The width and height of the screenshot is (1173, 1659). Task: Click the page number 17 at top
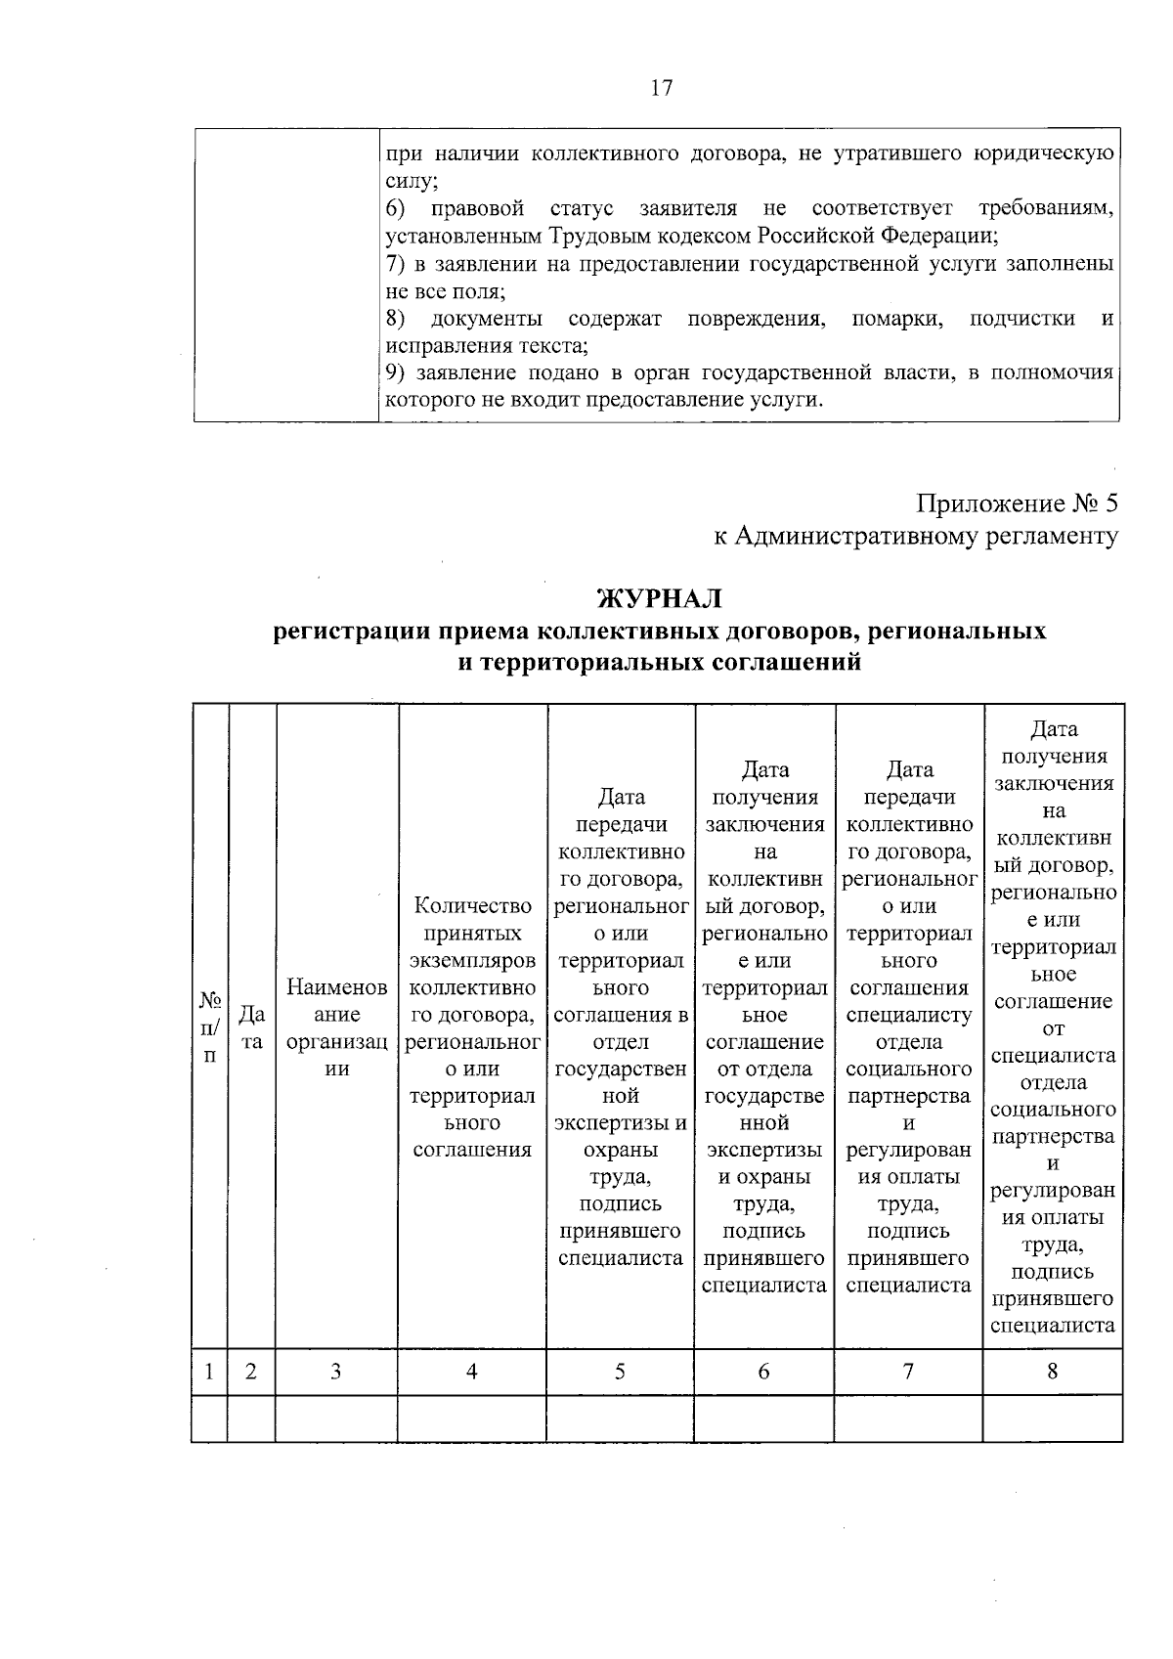point(661,88)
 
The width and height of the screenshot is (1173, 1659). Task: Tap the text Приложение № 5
point(1016,504)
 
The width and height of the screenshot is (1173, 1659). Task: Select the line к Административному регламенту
point(915,536)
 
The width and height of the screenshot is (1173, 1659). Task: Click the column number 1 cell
point(209,1372)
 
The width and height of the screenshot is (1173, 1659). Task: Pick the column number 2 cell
point(251,1372)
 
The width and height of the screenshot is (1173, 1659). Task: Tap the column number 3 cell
point(335,1372)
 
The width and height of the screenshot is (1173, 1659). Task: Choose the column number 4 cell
point(471,1372)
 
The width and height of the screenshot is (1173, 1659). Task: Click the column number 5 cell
point(620,1372)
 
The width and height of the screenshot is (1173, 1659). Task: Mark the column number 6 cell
point(763,1372)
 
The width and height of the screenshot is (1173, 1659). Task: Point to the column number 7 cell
point(908,1372)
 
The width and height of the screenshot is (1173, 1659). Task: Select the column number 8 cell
point(1053,1372)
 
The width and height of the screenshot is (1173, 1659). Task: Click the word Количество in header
point(473,906)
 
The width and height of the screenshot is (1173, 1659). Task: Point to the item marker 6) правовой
point(395,209)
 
